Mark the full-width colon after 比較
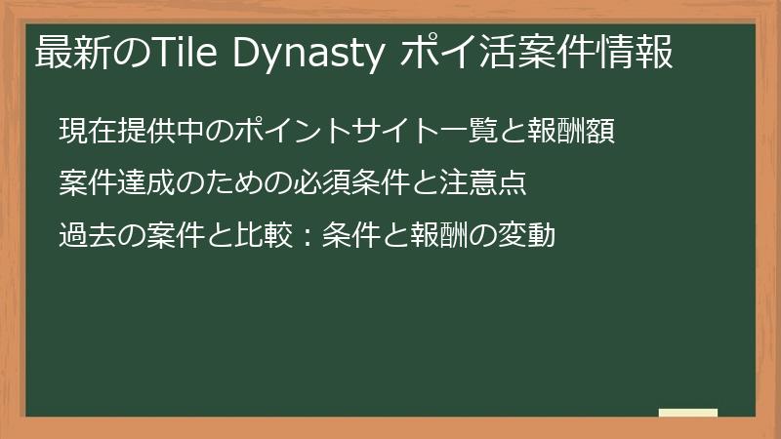click(283, 235)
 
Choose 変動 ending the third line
click(529, 235)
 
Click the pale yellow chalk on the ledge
click(687, 413)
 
